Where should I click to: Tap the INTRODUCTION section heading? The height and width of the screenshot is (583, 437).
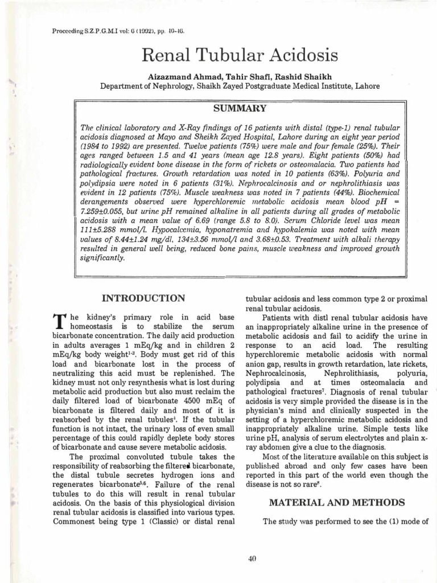[143, 298]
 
